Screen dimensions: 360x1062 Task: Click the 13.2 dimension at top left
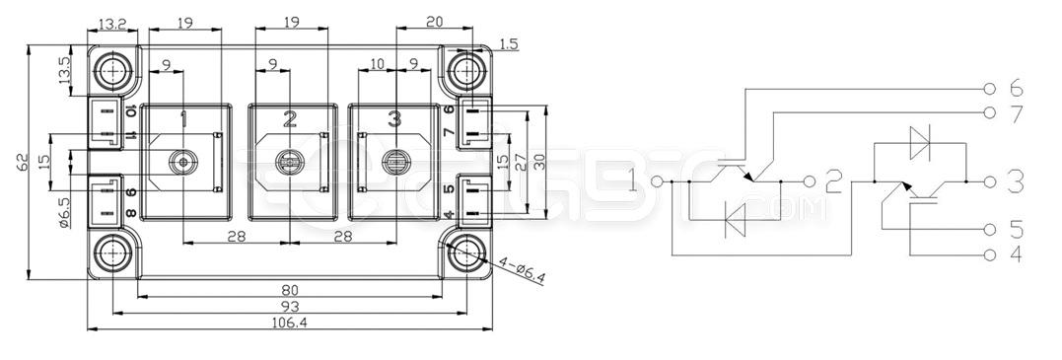[112, 23]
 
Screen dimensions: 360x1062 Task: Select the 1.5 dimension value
[509, 43]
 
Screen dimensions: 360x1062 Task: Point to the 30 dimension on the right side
[539, 161]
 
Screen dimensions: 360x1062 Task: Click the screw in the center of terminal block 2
[288, 163]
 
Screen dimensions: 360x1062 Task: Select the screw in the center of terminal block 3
[396, 161]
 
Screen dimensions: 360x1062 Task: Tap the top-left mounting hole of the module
[114, 70]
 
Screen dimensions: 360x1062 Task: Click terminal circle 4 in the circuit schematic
[990, 255]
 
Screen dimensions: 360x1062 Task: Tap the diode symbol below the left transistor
[736, 219]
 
